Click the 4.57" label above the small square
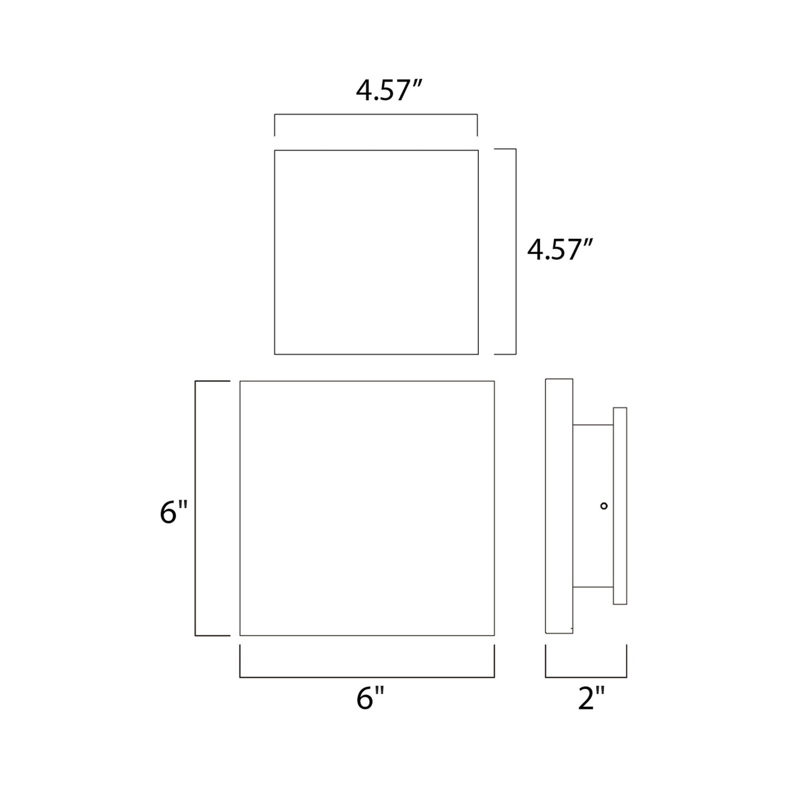point(389,91)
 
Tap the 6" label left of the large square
point(173,513)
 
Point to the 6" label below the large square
point(370,699)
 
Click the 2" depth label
point(591,699)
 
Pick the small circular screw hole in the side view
point(604,506)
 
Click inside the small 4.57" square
point(376,252)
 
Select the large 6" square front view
point(367,508)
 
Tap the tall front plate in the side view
point(559,506)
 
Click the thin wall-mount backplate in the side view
point(620,506)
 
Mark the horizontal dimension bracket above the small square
point(376,115)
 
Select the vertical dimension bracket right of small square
point(515,251)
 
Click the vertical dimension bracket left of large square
point(196,508)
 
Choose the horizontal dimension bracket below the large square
point(367,677)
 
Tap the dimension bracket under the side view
point(586,677)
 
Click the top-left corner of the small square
point(275,151)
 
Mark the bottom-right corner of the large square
point(494,635)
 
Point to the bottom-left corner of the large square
point(240,635)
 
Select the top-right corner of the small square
point(478,151)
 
